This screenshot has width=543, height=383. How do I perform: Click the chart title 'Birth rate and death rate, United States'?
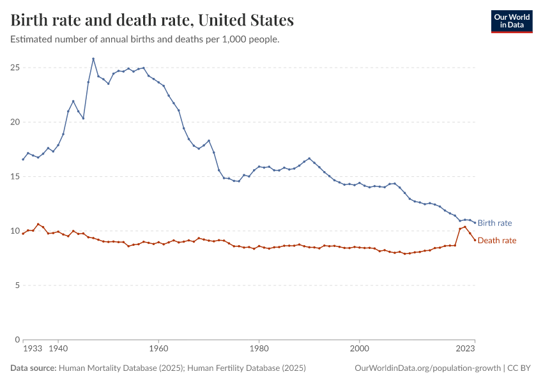coord(152,20)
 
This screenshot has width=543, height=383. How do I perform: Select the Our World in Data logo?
coord(511,21)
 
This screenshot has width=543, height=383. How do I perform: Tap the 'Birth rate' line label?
coord(494,223)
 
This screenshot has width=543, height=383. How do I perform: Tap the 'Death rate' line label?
coord(496,241)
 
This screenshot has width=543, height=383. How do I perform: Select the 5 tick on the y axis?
coord(17,285)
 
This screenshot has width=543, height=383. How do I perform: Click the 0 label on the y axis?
coord(17,340)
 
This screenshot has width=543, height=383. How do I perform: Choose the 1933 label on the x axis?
coord(32,349)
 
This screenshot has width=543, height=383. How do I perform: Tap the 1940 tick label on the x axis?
coord(58,349)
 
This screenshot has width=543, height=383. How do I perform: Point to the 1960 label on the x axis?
coord(158,349)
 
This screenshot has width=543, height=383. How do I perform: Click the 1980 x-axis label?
coord(259,349)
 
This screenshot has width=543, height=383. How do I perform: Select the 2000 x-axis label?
coord(360,349)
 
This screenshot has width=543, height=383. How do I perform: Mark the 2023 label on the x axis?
coord(465,349)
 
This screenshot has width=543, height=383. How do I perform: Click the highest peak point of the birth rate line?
coord(93,59)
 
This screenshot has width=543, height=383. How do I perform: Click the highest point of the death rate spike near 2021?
coord(465,227)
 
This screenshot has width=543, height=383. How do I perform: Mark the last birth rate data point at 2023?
coord(475,223)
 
